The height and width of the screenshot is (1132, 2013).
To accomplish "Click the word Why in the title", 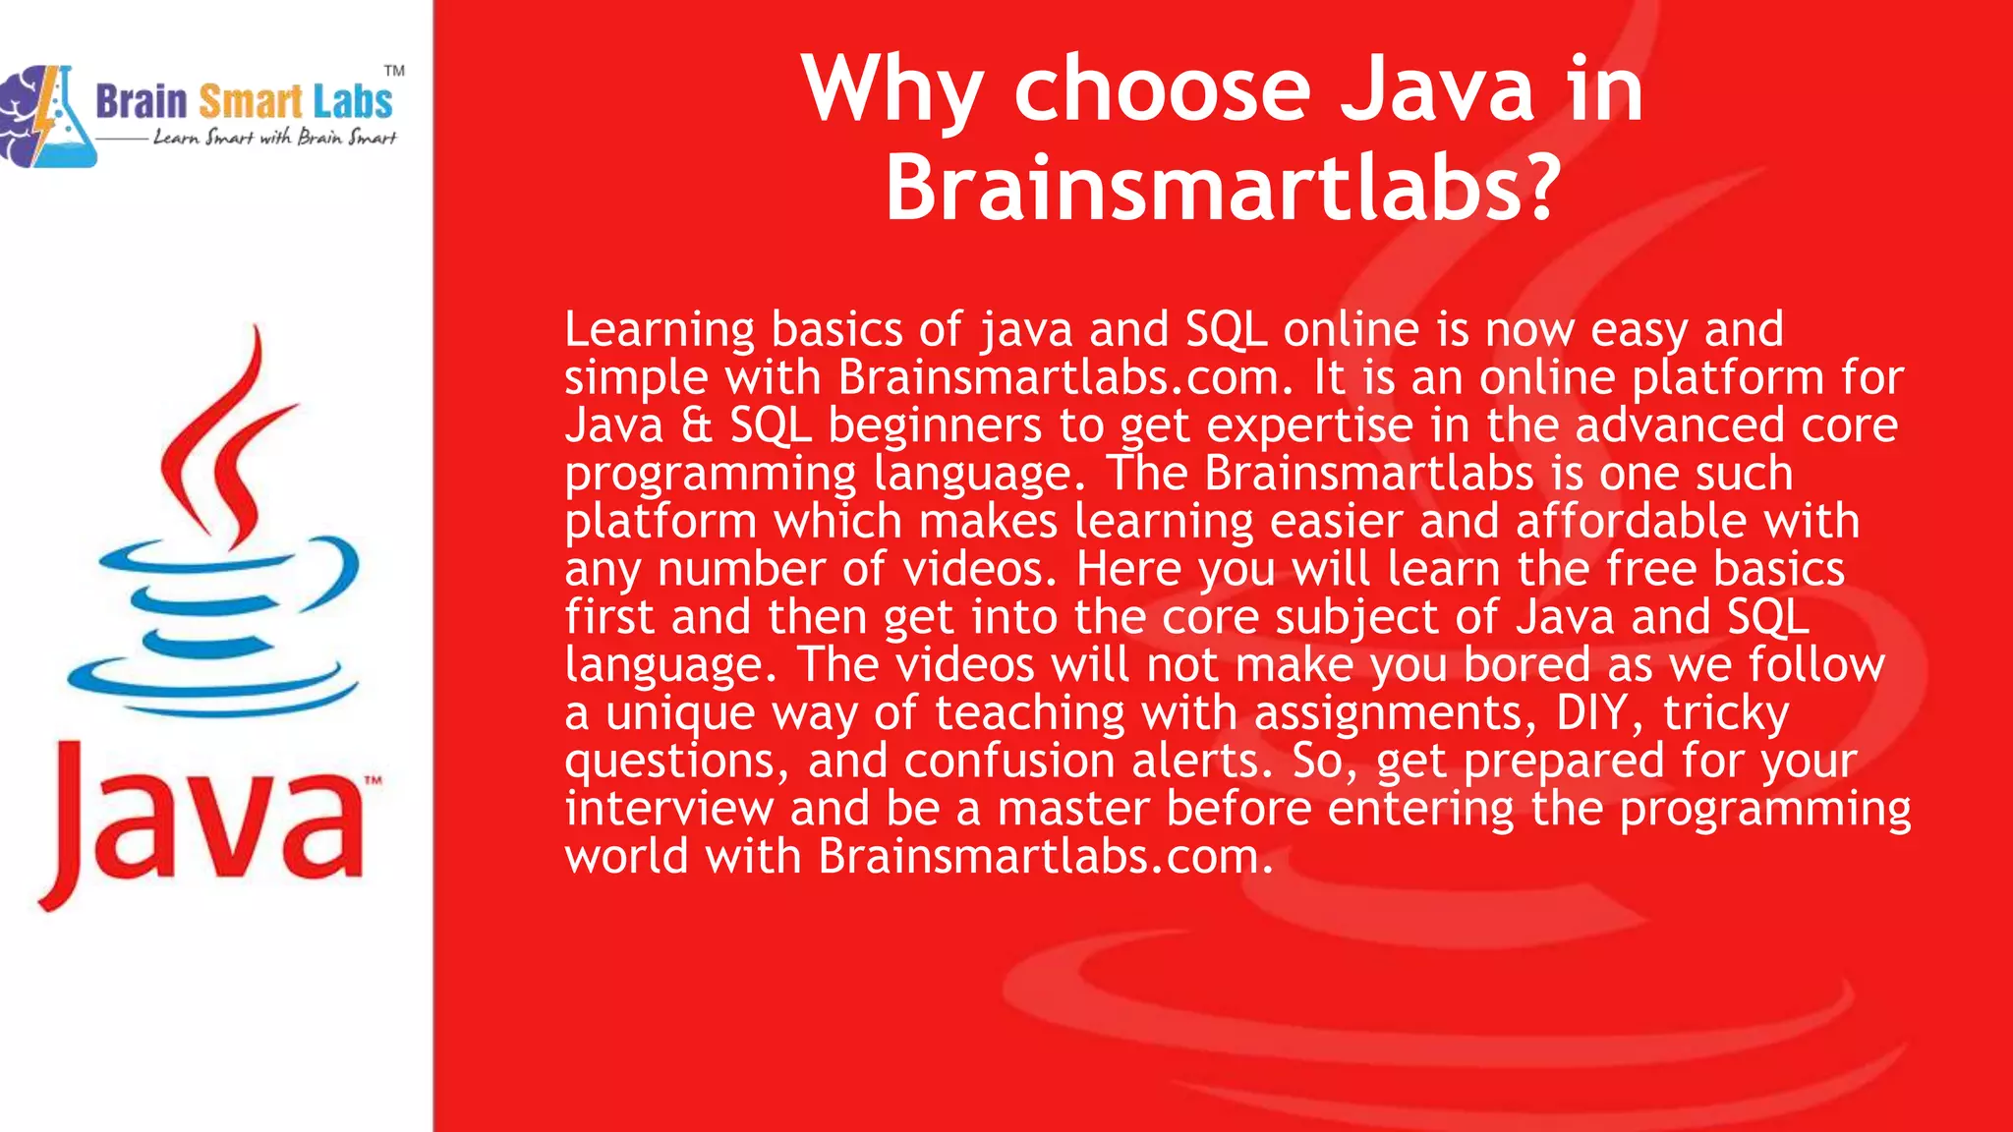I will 891,91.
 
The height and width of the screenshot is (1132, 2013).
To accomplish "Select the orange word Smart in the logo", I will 251,102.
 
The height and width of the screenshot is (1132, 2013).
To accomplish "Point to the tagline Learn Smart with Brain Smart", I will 274,138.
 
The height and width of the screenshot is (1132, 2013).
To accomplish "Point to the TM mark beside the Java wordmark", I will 374,781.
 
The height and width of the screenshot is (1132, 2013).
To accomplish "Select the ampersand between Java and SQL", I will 696,425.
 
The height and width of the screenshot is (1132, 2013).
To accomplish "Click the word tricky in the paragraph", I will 1726,714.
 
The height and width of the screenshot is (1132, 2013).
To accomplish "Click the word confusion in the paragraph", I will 1009,761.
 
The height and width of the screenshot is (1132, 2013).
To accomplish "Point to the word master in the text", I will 1073,809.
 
